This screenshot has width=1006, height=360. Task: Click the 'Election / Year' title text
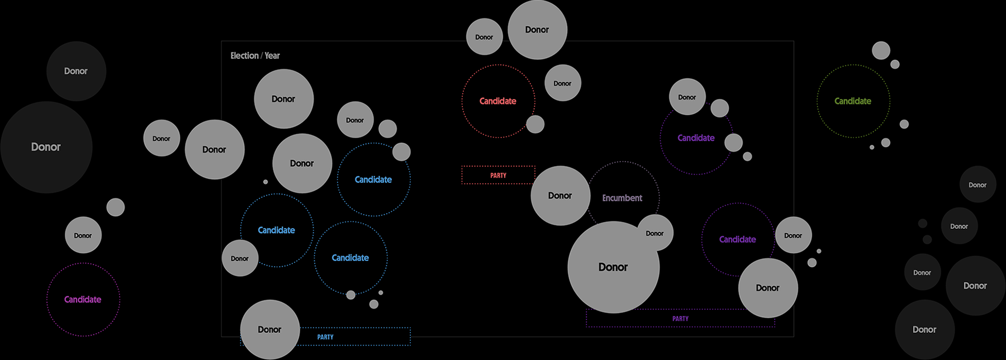pos(255,56)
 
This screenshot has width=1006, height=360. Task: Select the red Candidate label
pos(497,101)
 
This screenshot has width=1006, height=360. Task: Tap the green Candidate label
pos(852,101)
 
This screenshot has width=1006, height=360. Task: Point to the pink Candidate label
pos(83,300)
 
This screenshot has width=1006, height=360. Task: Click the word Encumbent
pos(622,198)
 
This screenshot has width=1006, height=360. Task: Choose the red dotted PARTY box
pos(498,175)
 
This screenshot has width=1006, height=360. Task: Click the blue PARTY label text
pos(325,337)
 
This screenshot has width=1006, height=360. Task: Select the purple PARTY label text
pos(680,319)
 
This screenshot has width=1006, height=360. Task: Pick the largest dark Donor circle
pos(46,147)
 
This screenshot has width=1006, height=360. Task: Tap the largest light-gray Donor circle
pos(613,267)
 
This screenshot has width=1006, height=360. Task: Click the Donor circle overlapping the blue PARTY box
pos(269,330)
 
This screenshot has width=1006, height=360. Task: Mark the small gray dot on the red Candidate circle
pos(535,124)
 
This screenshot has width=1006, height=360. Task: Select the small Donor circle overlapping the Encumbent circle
pos(654,233)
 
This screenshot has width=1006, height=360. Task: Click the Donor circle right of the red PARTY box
pos(559,196)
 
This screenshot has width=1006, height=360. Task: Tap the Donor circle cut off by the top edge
pos(537,30)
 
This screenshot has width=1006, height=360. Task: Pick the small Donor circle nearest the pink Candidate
pos(83,235)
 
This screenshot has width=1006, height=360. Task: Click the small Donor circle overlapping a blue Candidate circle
pos(240,258)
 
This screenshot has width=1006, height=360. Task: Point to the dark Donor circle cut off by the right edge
pos(975,286)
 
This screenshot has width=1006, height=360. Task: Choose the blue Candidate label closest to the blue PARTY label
pos(350,258)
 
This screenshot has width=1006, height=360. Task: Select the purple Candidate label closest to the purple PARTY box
pos(737,239)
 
